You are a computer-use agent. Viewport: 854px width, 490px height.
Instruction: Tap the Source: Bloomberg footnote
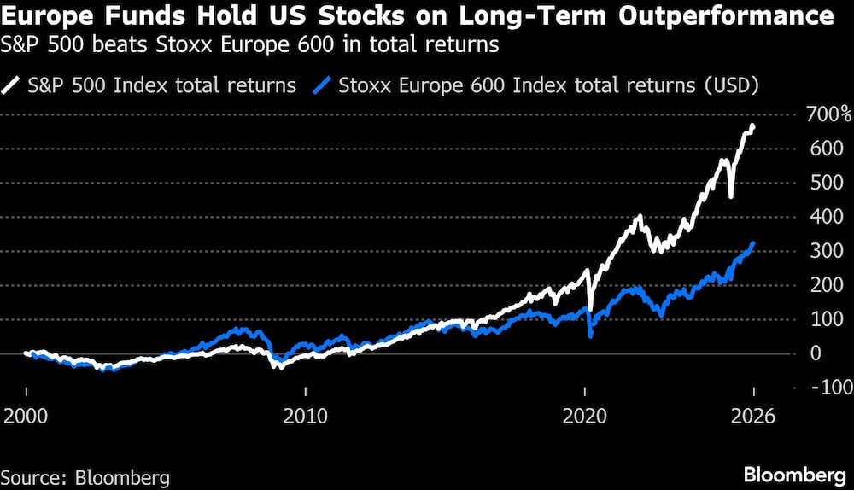coord(85,475)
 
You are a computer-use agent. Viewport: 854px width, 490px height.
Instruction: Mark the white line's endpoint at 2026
coord(752,126)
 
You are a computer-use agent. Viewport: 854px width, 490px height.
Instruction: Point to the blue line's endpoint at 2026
coord(752,244)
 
